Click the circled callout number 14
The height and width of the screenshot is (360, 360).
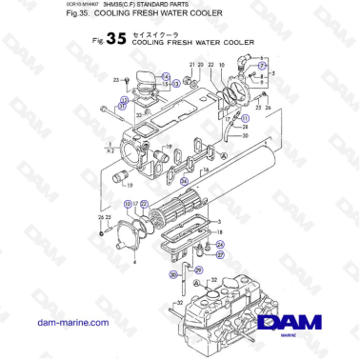tap(165, 75)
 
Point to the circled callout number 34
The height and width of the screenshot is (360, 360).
tap(185, 178)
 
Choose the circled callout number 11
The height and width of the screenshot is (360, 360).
tap(245, 125)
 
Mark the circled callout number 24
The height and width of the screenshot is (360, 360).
tap(221, 245)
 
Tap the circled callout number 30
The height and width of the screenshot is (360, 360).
tap(171, 274)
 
